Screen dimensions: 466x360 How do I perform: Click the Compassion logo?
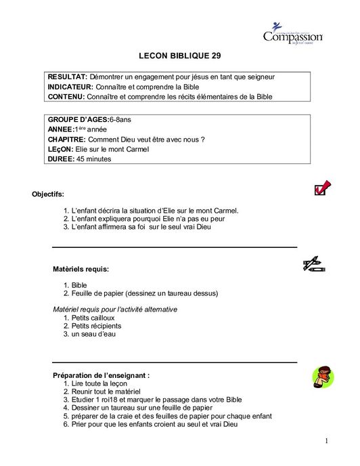pos(292,34)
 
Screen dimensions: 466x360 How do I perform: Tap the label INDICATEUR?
pos(72,87)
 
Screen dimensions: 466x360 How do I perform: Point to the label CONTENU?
pos(68,97)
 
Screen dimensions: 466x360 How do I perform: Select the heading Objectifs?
pos(48,194)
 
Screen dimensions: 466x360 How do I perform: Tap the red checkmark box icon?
pos(322,188)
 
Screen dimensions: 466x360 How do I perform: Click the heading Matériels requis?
pos(81,269)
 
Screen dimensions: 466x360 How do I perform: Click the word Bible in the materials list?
pos(79,285)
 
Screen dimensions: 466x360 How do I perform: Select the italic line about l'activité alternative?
pos(115,309)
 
